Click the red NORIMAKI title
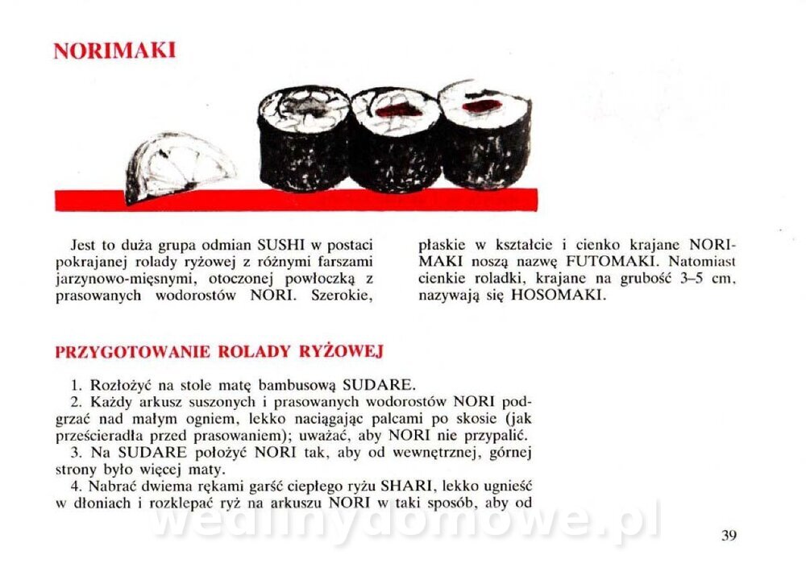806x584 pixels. tap(114, 50)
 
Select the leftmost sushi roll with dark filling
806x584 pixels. tap(304, 138)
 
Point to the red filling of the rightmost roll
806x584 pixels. tap(482, 106)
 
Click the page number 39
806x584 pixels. tap(729, 535)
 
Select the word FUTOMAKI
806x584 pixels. tap(611, 262)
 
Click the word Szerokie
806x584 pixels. tap(341, 296)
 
